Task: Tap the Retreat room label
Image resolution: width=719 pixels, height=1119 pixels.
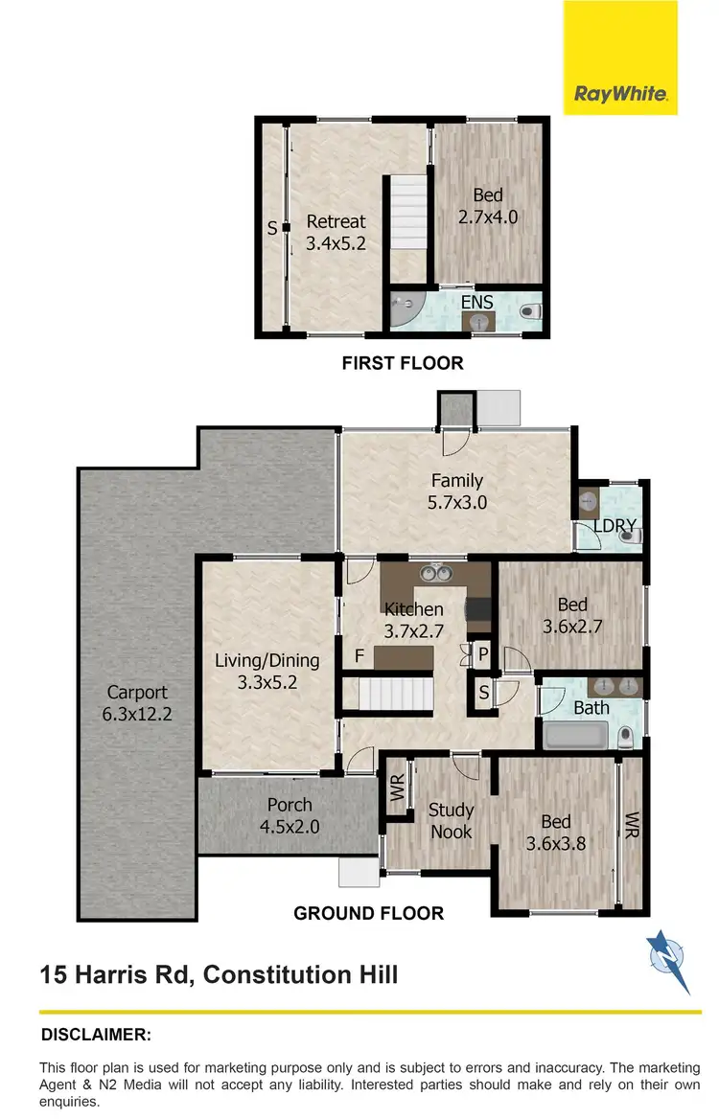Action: (x=336, y=221)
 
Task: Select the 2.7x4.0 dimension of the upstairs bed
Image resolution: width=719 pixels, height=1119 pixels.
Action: (x=488, y=217)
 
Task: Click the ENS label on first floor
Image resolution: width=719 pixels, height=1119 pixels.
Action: (x=476, y=302)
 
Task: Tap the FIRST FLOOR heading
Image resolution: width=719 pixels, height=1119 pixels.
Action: (x=403, y=363)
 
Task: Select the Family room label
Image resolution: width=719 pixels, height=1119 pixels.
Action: (x=456, y=481)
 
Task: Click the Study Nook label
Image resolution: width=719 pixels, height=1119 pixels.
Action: (x=451, y=821)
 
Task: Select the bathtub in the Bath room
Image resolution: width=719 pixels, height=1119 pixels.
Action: (x=575, y=737)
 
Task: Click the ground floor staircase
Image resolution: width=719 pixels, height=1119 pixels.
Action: (x=389, y=692)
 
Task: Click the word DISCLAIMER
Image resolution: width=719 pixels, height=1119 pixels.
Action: (x=96, y=1035)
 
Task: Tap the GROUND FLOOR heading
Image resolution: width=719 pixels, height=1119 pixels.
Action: (x=368, y=913)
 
